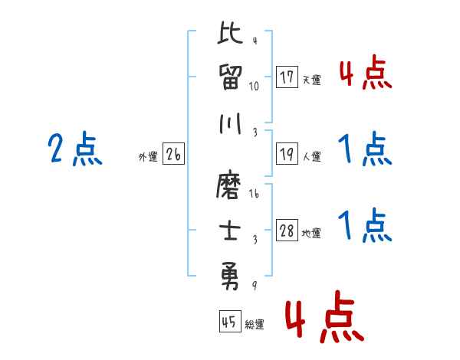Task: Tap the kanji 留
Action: pos(231,77)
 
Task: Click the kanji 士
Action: pos(231,230)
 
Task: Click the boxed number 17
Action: pos(287,77)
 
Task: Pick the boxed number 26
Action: pos(173,155)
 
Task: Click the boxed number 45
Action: pos(228,322)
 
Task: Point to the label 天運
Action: pos(311,80)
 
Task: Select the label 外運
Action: pos(148,157)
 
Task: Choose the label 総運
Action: pos(255,324)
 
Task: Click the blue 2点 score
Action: pos(74,149)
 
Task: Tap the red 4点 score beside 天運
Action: pos(364,74)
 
